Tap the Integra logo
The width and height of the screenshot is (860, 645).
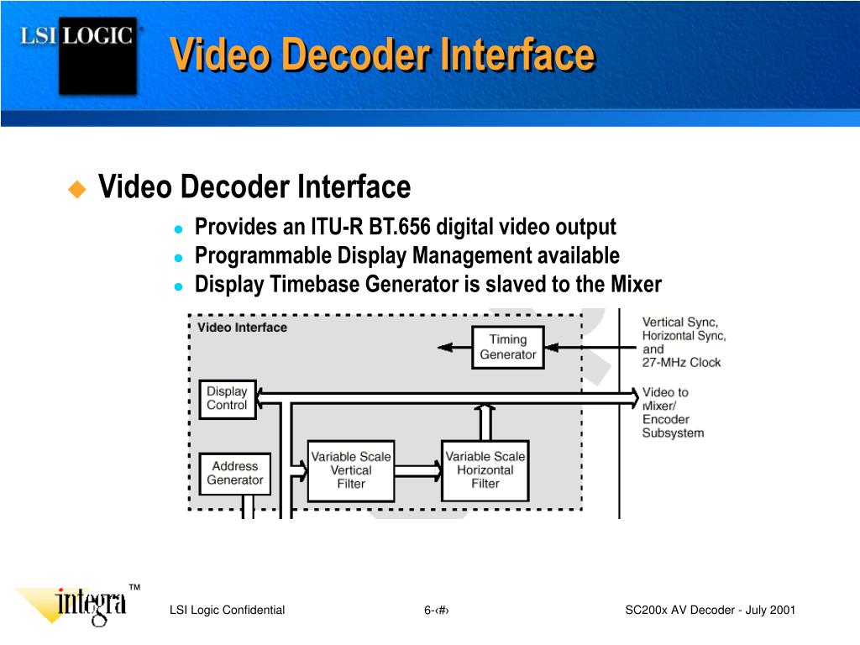(x=91, y=605)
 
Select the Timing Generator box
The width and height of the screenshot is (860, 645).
(x=507, y=347)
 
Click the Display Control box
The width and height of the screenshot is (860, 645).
(x=227, y=398)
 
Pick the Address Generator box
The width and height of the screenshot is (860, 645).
(x=235, y=474)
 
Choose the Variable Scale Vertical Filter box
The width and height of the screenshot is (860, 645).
(x=351, y=470)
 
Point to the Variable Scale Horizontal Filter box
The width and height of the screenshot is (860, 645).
(x=485, y=470)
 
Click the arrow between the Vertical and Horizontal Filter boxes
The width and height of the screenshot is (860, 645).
(x=418, y=470)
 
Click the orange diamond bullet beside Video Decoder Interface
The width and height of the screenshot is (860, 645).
(x=77, y=188)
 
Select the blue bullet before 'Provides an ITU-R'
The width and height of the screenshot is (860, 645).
(x=178, y=228)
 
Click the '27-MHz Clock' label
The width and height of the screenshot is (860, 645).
(x=681, y=363)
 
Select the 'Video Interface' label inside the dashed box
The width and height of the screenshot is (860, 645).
(x=242, y=328)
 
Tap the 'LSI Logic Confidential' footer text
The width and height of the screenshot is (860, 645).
(x=227, y=611)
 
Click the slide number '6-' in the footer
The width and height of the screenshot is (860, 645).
(x=430, y=611)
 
